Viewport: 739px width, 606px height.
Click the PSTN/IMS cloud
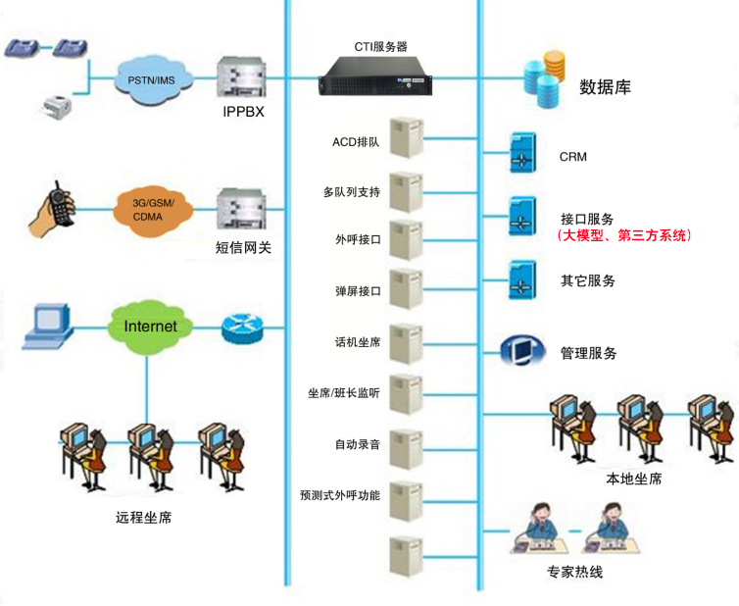[x=154, y=78]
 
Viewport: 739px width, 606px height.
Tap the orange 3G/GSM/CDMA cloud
[x=154, y=209]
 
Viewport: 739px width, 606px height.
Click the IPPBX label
[x=243, y=112]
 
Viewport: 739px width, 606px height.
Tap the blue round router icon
[x=242, y=328]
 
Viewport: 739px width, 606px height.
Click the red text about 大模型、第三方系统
[x=624, y=235]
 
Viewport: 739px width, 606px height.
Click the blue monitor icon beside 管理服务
[x=519, y=350]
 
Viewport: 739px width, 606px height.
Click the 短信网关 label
[x=243, y=248]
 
